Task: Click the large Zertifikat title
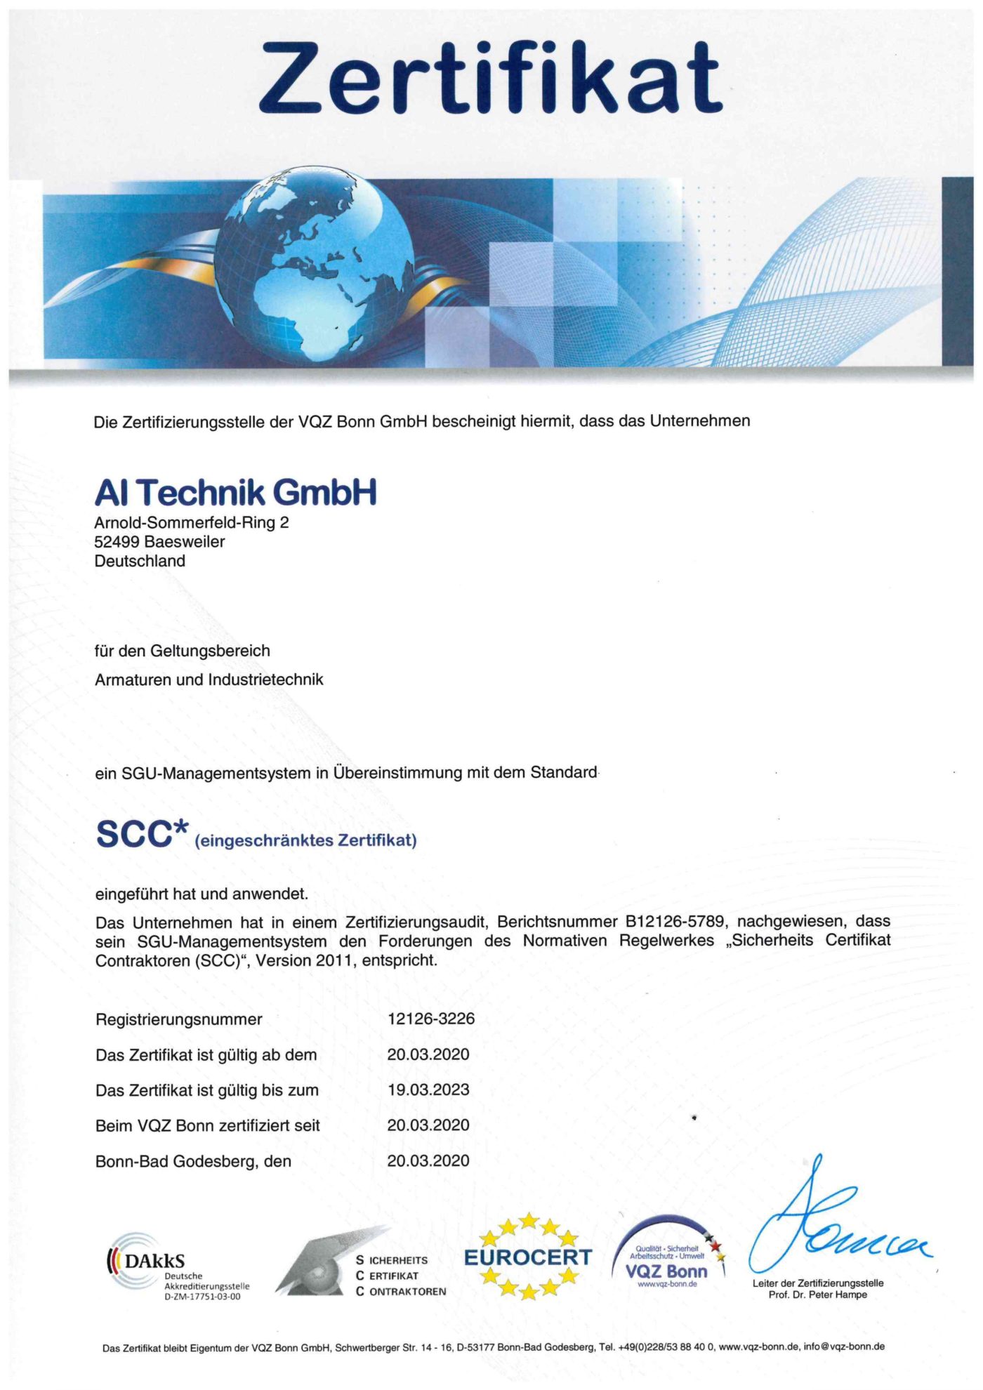coord(490,78)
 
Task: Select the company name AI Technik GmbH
coord(235,493)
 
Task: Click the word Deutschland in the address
coord(140,561)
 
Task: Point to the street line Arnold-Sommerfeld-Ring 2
coord(191,523)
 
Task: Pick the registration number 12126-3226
coord(431,1019)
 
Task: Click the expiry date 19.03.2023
coord(428,1090)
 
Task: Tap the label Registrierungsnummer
coord(178,1019)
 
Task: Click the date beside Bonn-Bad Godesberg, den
coord(428,1161)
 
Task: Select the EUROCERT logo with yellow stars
coord(528,1257)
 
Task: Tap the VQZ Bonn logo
coord(667,1260)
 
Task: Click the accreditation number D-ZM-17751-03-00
coord(202,1297)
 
